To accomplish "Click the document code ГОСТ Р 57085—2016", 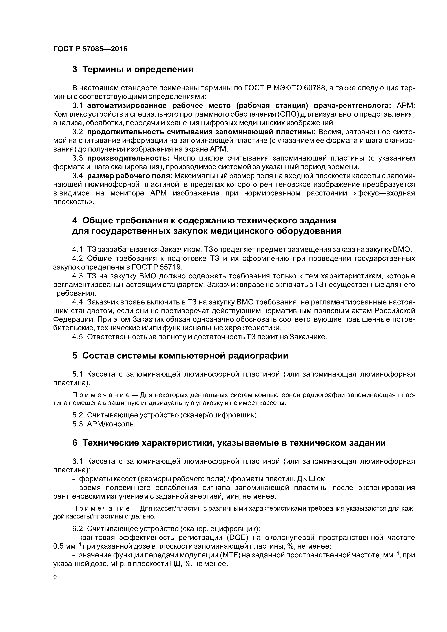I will click(x=90, y=49).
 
